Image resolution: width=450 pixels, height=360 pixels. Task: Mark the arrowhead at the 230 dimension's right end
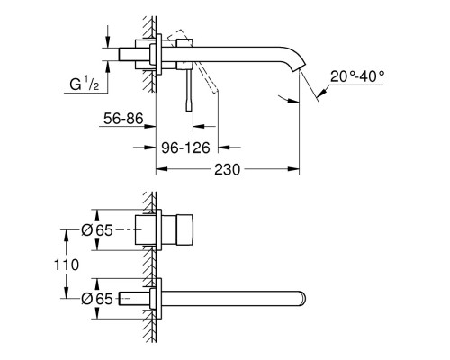[295, 168]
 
